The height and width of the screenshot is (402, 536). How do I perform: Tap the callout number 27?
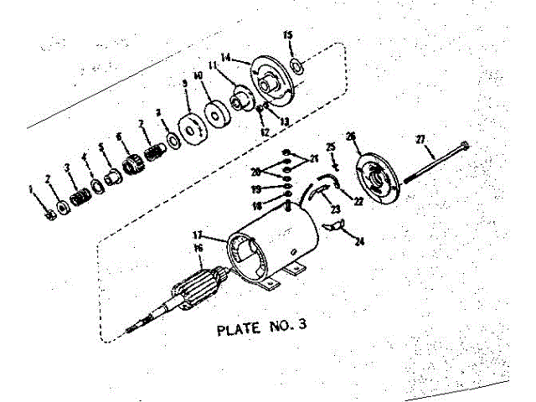pos(420,139)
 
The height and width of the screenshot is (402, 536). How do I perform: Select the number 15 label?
pos(288,35)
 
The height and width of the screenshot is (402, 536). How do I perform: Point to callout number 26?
pos(351,136)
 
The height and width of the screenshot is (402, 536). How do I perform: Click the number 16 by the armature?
pos(198,249)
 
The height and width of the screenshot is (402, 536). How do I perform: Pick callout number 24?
pos(360,242)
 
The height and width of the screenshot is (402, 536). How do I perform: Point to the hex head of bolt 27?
pos(466,147)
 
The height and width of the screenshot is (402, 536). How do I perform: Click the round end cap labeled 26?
pos(374,176)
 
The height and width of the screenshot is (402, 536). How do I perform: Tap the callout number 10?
pos(198,75)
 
